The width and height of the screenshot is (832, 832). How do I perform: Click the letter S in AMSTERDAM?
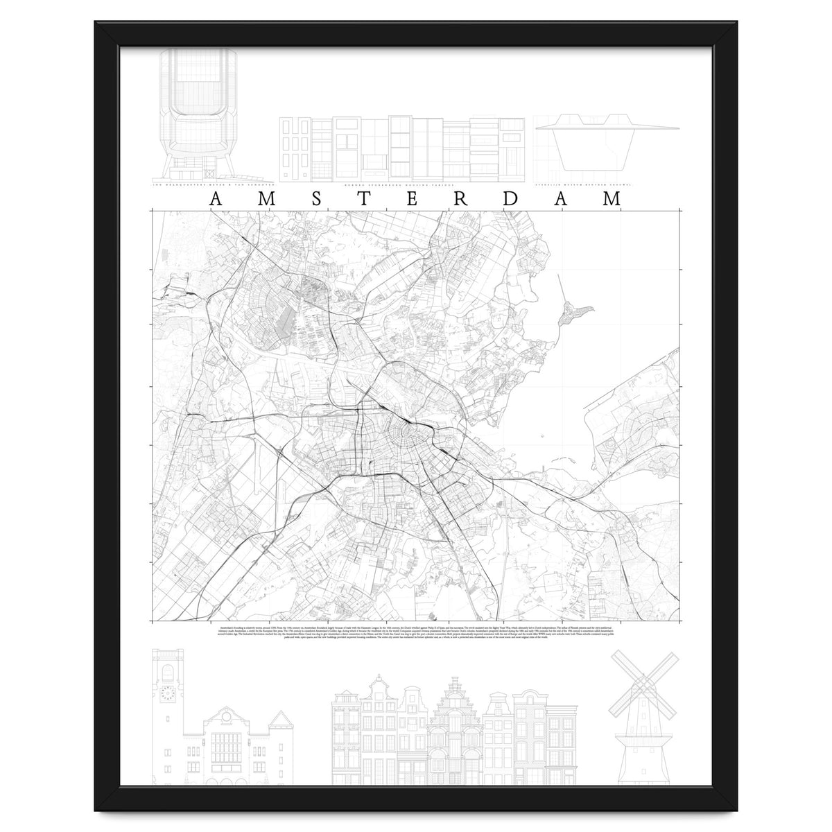[315, 199]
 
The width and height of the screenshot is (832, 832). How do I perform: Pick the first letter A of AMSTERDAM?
[216, 199]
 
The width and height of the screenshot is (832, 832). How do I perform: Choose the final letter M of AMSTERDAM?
[612, 199]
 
